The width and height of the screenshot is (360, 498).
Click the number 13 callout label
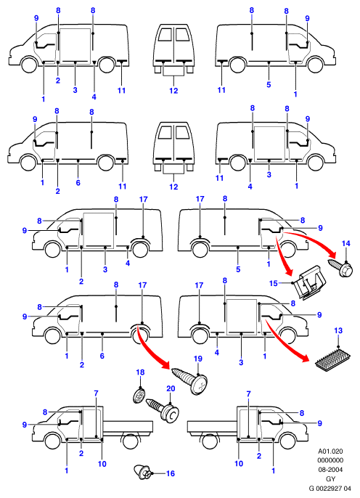click(338, 330)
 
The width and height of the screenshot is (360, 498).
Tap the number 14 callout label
click(345, 244)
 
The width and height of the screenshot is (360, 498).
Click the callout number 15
click(274, 283)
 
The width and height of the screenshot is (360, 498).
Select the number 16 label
click(171, 473)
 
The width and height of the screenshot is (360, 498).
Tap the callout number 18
click(140, 372)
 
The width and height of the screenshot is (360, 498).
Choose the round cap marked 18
click(139, 396)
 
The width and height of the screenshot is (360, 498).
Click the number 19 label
click(197, 359)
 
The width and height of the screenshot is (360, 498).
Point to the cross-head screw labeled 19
click(190, 381)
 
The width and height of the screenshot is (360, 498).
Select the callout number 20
click(171, 388)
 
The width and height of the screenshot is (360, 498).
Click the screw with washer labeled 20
click(163, 410)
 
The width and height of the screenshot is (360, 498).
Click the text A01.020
click(330, 452)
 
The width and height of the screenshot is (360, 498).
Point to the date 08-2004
click(330, 470)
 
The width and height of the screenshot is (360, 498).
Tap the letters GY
click(330, 478)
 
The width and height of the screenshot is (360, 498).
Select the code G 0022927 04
click(330, 488)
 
